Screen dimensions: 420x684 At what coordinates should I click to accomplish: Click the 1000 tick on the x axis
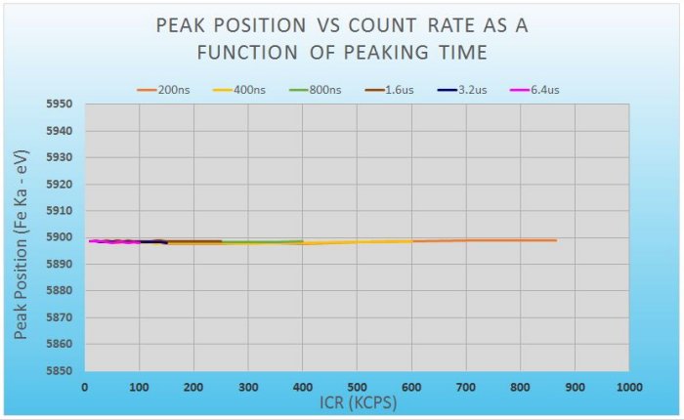tap(628, 387)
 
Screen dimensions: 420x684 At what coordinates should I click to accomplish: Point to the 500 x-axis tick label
tap(357, 387)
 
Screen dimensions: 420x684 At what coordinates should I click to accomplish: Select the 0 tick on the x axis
tap(85, 387)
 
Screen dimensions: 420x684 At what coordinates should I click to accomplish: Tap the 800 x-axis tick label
tap(520, 387)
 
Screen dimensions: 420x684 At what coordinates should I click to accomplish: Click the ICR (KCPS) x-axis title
tap(356, 401)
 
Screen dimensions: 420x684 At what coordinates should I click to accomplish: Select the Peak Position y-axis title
tap(21, 237)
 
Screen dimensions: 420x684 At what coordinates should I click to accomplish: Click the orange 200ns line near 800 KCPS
tap(520, 240)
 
